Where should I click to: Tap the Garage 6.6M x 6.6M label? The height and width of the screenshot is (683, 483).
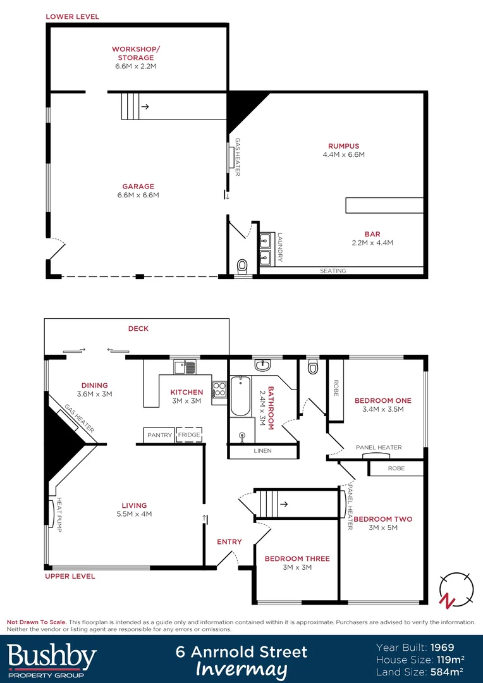point(138,190)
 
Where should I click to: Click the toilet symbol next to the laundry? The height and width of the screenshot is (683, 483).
point(241,267)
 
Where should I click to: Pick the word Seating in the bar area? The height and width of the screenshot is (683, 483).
point(333,271)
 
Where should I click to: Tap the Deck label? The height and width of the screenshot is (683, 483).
point(138,329)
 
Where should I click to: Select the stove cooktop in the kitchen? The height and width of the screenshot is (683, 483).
point(219,388)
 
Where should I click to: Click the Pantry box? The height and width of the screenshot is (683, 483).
point(159,435)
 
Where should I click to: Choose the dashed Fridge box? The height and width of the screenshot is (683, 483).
point(189,435)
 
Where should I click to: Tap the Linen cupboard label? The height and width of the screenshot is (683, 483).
point(262,451)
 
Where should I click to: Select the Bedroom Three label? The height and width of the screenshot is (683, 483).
point(297,563)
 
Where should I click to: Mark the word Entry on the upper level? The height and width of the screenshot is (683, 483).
point(229,541)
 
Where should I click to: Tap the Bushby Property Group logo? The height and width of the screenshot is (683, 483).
point(52,659)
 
